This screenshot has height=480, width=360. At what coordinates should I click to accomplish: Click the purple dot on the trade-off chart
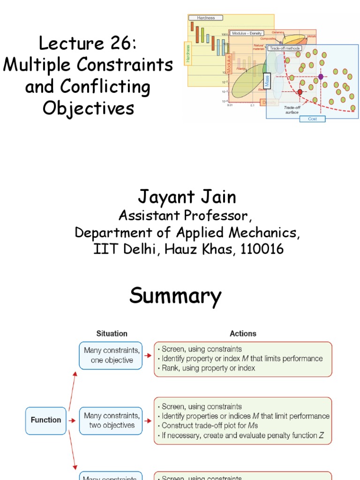coord(321,76)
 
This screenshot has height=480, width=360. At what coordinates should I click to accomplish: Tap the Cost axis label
coord(313,119)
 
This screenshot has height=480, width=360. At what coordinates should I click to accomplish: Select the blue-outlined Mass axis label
coord(267,82)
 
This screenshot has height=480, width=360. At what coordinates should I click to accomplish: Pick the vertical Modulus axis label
coord(229,64)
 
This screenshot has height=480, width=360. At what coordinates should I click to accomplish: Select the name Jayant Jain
coord(187,197)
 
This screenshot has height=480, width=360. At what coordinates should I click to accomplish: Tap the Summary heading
coord(175,296)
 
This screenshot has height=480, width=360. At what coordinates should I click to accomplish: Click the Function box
coord(45,420)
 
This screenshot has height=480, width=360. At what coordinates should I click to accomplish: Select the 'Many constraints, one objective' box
coord(111,355)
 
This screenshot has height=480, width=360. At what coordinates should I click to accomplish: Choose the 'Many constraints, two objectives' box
coord(111,420)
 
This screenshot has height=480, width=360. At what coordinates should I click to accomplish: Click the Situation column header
coord(112,334)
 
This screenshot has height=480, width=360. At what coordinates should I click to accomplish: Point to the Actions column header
coord(243,334)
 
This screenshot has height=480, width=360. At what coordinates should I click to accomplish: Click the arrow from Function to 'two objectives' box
coord(72,420)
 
